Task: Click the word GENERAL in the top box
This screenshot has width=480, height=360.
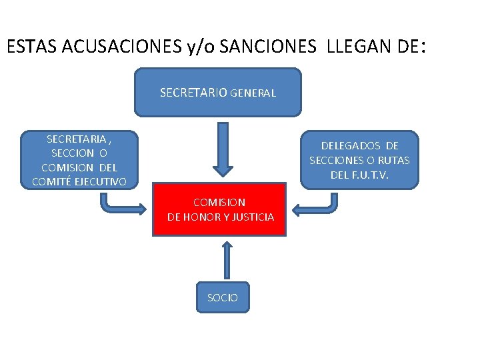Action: (x=253, y=94)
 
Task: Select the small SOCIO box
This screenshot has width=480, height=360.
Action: (x=223, y=297)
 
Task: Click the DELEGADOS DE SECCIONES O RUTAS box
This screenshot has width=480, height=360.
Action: (x=360, y=160)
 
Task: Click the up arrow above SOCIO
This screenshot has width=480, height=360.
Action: (x=227, y=258)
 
